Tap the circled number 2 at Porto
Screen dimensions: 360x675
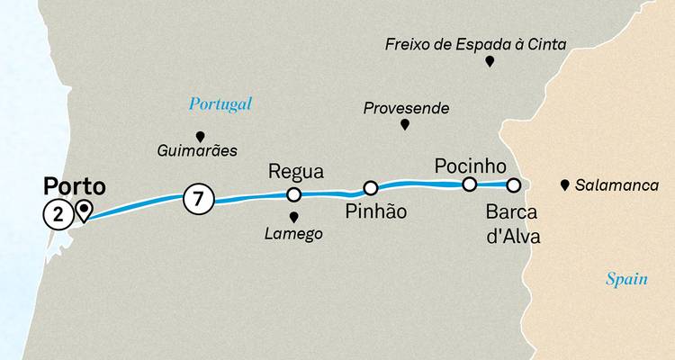tap(57, 213)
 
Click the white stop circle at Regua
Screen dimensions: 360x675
tap(292, 194)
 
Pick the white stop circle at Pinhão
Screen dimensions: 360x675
tap(370, 187)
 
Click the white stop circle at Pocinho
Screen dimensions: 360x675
tap(469, 184)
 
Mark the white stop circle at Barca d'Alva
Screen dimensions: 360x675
tap(513, 185)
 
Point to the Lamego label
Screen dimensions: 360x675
tap(293, 234)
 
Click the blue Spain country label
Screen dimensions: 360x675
tap(625, 280)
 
